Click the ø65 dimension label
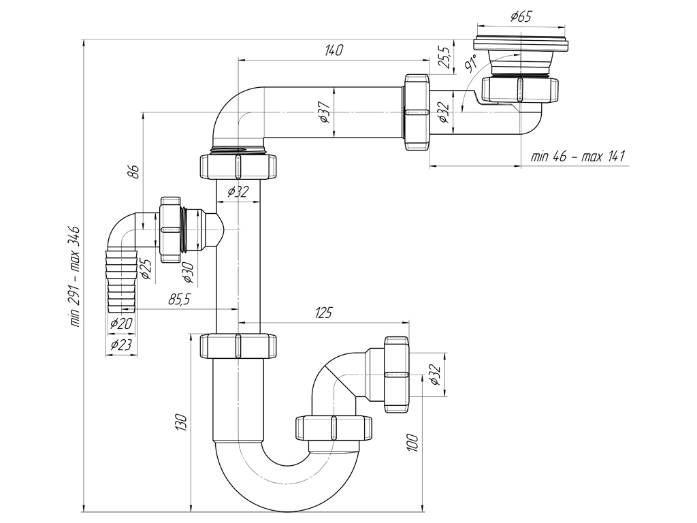[521, 17]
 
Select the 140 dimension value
[334, 50]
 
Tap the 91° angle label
[470, 63]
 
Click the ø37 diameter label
[325, 112]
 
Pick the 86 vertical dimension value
[134, 171]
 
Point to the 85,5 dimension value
[179, 300]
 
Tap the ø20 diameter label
[121, 323]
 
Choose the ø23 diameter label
[120, 344]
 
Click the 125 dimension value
[323, 313]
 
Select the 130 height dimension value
[181, 422]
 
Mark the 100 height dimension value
[412, 443]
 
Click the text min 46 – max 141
[577, 157]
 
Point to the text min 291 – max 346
[75, 276]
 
